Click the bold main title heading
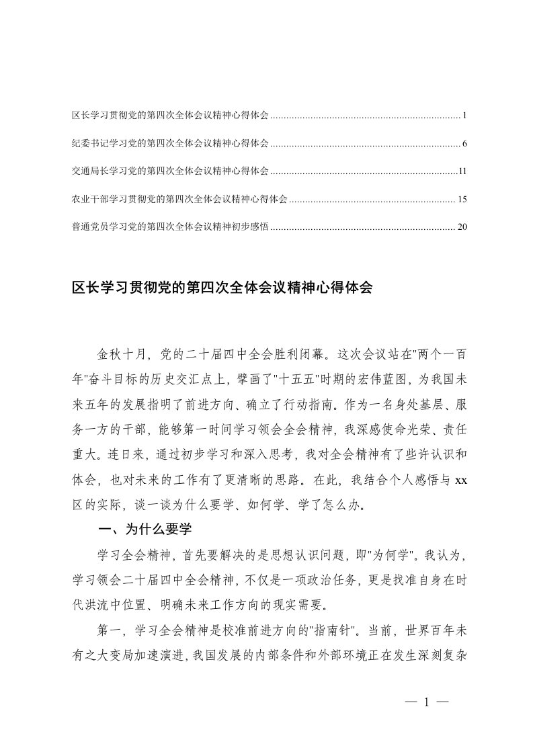click(x=222, y=289)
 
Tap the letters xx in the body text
click(x=460, y=480)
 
